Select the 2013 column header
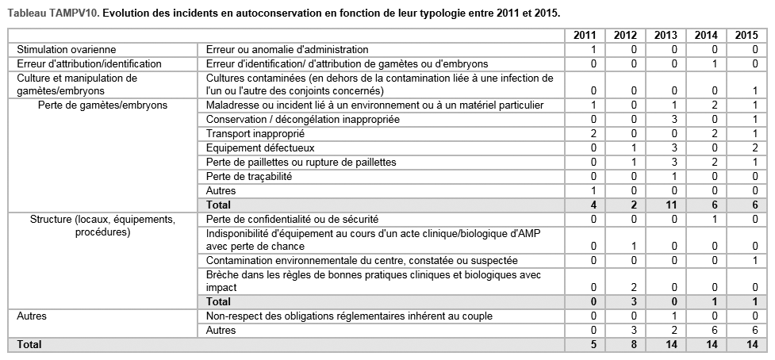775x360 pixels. click(666, 36)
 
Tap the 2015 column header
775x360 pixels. click(746, 36)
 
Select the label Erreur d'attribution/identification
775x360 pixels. click(88, 63)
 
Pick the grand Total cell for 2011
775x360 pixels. click(593, 345)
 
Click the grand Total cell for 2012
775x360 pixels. click(633, 345)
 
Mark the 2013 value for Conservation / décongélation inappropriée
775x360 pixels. click(673, 119)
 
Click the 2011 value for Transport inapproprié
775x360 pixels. click(593, 133)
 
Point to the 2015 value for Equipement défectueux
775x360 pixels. click(754, 147)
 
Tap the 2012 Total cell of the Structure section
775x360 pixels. click(633, 301)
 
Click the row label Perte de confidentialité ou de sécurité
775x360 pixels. click(291, 219)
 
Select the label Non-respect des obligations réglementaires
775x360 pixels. click(349, 316)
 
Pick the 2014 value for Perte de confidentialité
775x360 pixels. click(714, 219)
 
